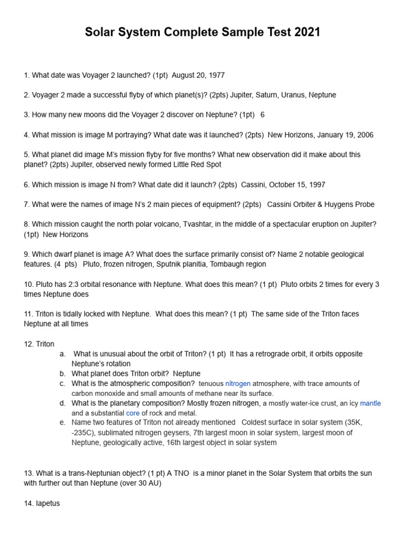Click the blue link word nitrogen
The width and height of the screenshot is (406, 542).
click(x=238, y=383)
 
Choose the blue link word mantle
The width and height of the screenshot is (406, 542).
click(x=370, y=403)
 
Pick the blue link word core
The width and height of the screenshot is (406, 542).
click(x=133, y=413)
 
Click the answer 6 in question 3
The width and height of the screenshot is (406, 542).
click(x=262, y=115)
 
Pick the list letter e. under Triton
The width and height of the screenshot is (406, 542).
click(x=63, y=422)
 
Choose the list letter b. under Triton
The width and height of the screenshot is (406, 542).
click(x=63, y=373)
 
